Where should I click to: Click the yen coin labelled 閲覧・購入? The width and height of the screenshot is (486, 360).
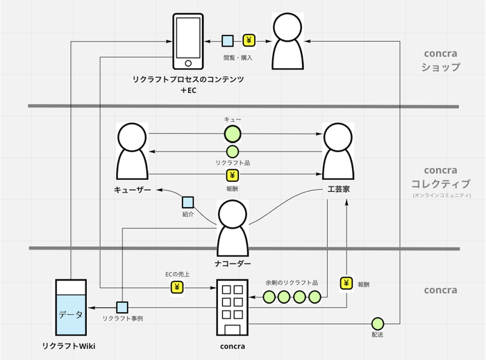click(x=249, y=41)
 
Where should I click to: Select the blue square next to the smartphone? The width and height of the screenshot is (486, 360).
click(x=227, y=41)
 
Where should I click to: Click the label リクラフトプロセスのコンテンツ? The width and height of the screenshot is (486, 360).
click(x=188, y=80)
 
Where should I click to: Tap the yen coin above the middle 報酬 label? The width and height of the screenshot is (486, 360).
click(x=233, y=175)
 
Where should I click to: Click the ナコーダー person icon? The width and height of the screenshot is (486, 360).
click(x=233, y=229)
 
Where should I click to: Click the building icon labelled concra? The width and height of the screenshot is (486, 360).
click(x=233, y=306)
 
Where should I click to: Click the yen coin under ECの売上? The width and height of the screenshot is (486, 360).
click(x=176, y=286)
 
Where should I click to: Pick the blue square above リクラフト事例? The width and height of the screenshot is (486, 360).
click(x=122, y=307)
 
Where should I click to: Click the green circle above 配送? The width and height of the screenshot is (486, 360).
click(x=377, y=323)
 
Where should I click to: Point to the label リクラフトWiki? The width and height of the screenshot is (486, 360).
click(x=69, y=345)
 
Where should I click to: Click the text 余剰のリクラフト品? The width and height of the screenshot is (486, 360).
click(x=291, y=283)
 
